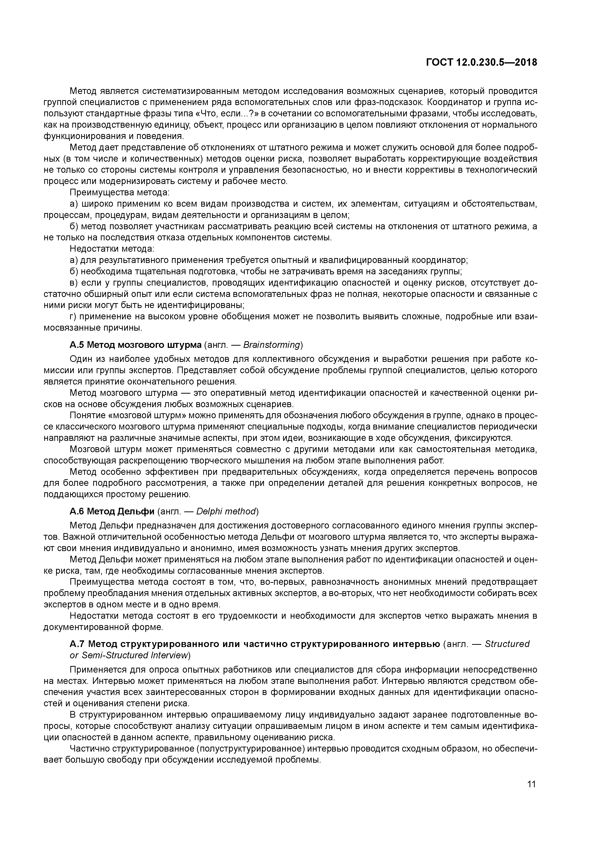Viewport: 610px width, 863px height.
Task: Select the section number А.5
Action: pyautogui.click(x=77, y=345)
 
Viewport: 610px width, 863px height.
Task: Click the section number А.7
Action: pyautogui.click(x=77, y=644)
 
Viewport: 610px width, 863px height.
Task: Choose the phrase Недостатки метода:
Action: pyautogui.click(x=112, y=249)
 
